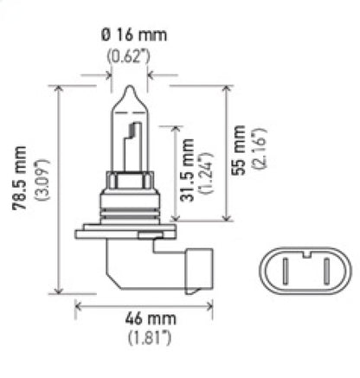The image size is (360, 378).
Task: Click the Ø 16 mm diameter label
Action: [128, 36]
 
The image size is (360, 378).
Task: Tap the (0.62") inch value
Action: [128, 58]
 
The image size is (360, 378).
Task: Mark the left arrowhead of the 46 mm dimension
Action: [79, 304]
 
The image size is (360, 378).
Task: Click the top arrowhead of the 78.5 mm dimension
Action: [59, 88]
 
